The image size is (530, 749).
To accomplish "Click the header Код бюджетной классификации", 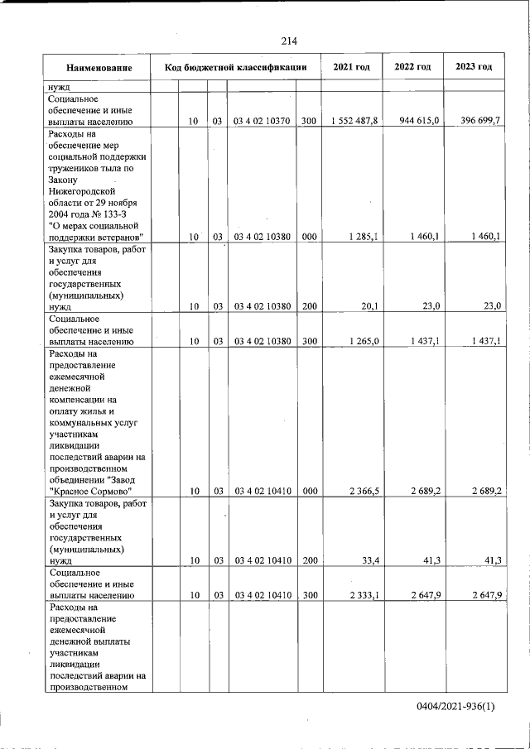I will pos(236,67).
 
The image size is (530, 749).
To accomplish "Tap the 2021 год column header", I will pos(351,66).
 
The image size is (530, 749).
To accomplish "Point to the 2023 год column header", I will pos(474,66).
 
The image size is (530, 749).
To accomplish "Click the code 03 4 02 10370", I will pos(261,122).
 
